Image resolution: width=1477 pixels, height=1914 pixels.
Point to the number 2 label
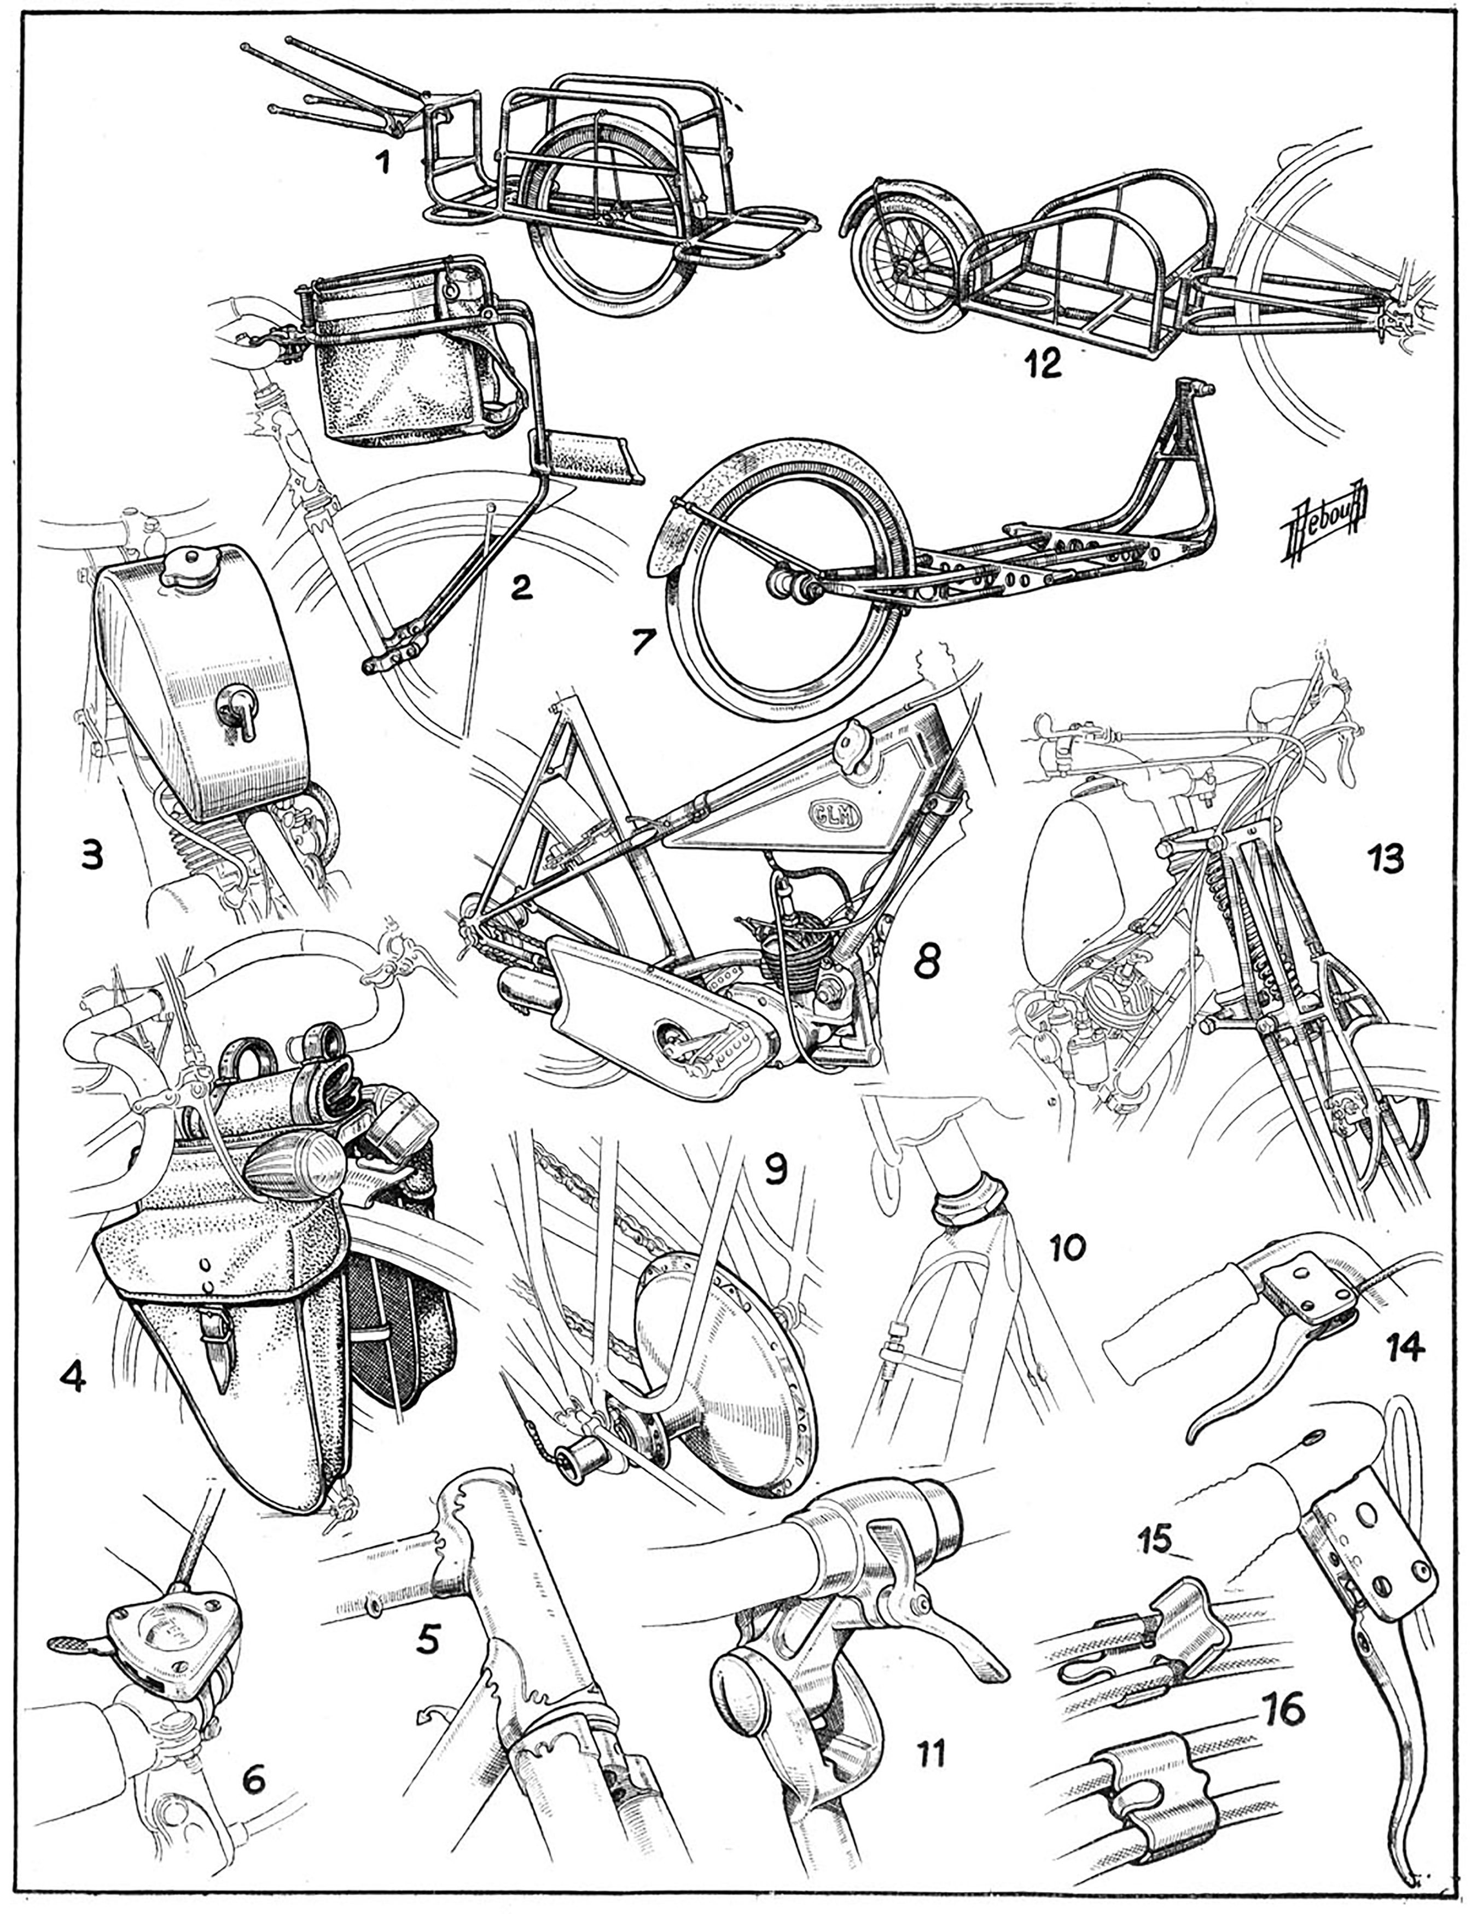(x=521, y=588)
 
